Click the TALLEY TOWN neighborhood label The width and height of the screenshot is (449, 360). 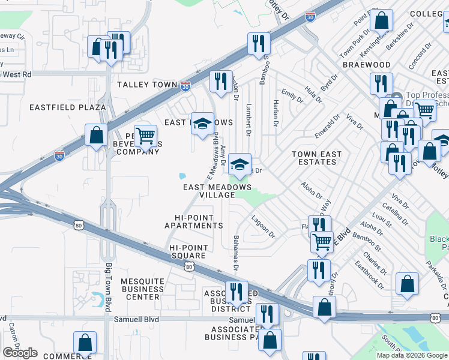(x=147, y=85)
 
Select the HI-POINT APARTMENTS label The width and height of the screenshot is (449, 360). (x=194, y=221)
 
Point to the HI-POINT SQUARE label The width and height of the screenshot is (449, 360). (x=188, y=252)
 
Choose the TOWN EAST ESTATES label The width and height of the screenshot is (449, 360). (x=316, y=158)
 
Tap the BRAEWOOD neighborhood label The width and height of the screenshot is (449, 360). (x=366, y=64)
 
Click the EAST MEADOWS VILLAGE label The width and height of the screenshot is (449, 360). (x=217, y=191)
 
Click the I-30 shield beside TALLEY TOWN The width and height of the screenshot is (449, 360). (x=185, y=86)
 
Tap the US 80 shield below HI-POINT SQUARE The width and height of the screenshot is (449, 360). (x=189, y=266)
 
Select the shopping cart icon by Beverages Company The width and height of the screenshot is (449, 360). (x=145, y=136)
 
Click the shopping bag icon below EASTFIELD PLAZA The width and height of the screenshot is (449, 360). (x=96, y=135)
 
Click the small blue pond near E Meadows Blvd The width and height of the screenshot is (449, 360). (x=181, y=176)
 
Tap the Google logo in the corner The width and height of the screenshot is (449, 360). (x=20, y=353)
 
